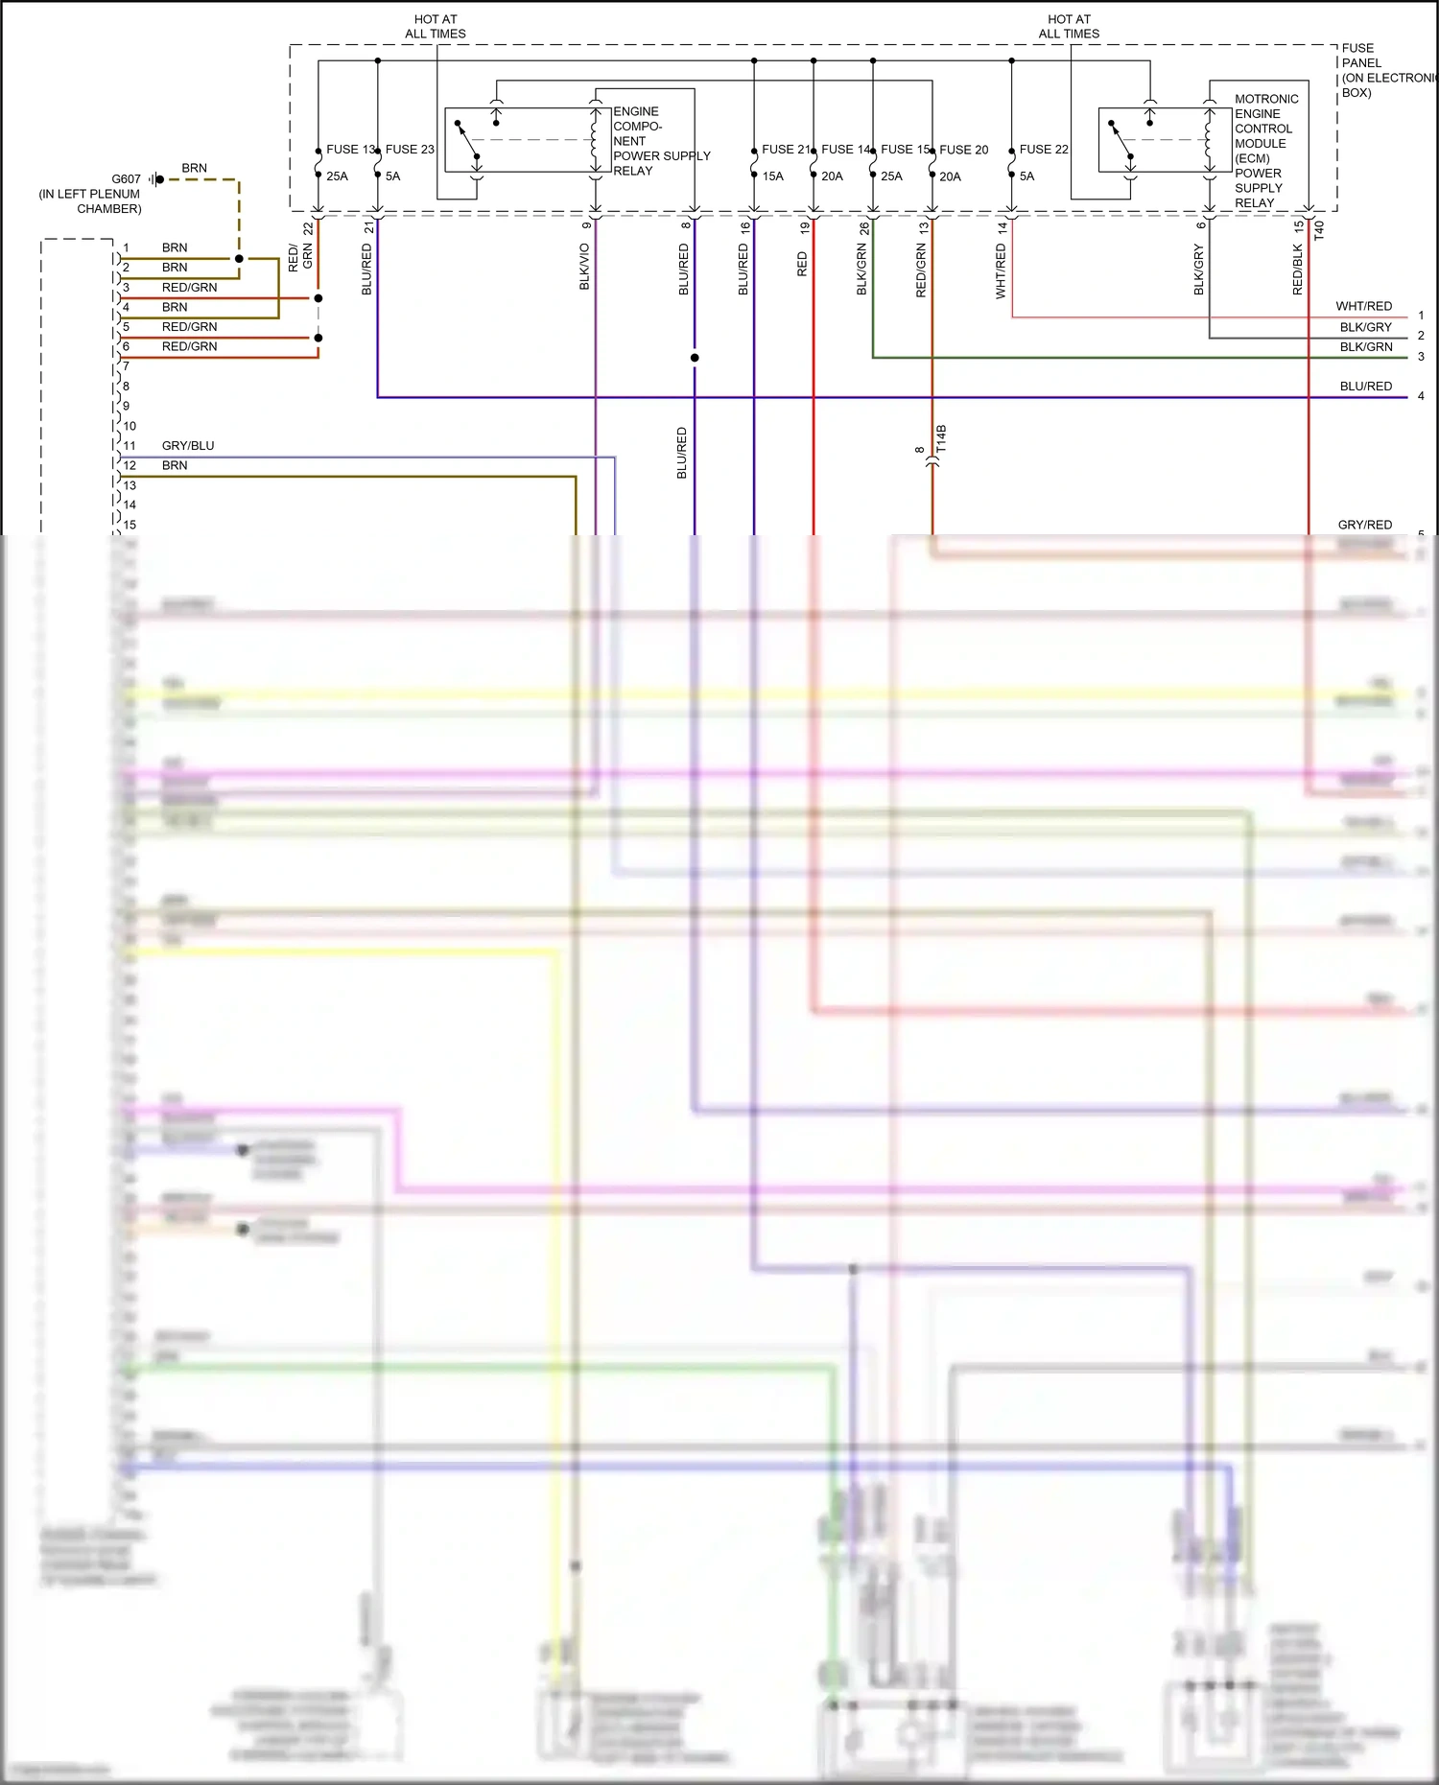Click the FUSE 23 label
tap(410, 150)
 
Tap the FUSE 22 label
tap(1044, 150)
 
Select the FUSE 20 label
tap(963, 150)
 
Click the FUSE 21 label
tap(786, 150)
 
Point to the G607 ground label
tap(126, 179)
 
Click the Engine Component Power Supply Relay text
tap(661, 141)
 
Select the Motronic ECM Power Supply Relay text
tap(1266, 151)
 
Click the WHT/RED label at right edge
tap(1363, 307)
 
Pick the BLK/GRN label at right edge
tap(1365, 347)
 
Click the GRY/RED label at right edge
tap(1364, 525)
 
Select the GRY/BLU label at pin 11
tap(188, 446)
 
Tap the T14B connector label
tap(941, 438)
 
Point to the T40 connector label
tap(1319, 230)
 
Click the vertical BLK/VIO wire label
tap(584, 267)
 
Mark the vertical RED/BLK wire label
tap(1298, 270)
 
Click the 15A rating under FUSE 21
tap(772, 176)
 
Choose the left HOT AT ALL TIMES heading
tap(436, 26)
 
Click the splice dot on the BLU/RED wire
tap(695, 358)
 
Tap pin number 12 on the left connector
tap(130, 465)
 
